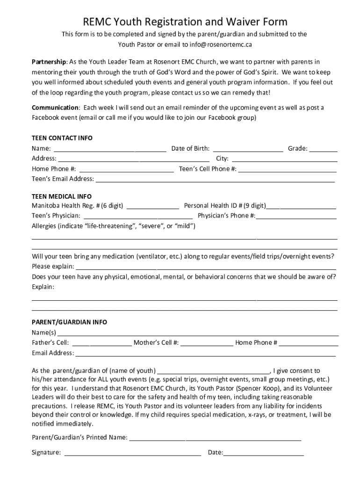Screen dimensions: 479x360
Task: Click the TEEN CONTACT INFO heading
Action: tap(62, 138)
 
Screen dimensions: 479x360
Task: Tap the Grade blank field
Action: tap(323, 149)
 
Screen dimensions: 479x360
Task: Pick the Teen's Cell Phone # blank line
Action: tap(288, 169)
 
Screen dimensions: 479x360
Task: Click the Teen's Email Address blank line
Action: tap(215, 179)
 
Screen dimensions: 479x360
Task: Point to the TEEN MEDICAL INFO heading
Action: tap(61, 196)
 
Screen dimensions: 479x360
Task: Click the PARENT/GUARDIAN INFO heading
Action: tap(69, 322)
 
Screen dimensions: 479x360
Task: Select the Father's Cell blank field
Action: tap(101, 343)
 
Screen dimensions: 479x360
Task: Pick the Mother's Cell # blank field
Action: tap(207, 343)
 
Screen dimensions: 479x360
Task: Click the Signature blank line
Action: tap(132, 453)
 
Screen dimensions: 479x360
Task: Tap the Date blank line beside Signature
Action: tap(264, 453)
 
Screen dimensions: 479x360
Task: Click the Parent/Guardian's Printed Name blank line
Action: tap(215, 438)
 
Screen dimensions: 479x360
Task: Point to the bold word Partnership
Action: tap(49, 62)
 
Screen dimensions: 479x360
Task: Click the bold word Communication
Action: tap(55, 108)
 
